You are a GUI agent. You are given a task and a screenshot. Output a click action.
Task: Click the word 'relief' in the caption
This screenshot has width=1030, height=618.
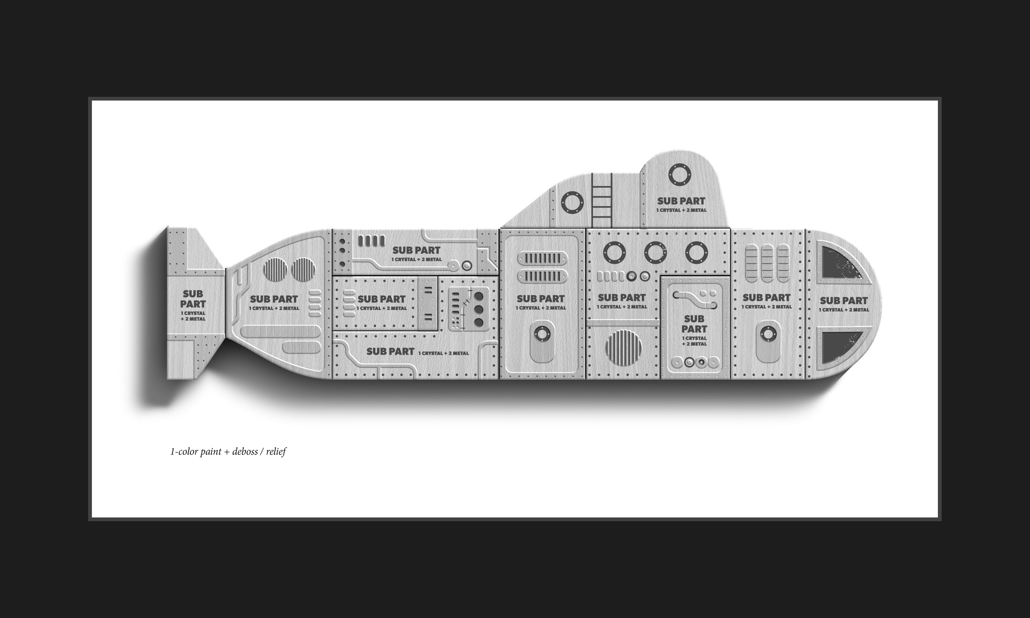point(276,452)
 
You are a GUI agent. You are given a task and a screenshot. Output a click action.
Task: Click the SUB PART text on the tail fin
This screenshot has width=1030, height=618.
point(193,299)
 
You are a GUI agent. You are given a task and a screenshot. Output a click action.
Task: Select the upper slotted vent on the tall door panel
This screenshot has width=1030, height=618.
point(542,259)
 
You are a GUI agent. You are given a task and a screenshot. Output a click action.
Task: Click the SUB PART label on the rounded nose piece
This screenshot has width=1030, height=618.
point(844,301)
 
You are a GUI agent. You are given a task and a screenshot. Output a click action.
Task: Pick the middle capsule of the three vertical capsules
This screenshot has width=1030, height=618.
point(767,264)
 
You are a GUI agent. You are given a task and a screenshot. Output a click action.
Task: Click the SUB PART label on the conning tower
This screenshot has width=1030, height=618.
point(681,201)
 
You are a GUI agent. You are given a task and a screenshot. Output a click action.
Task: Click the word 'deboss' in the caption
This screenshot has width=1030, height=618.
point(245,452)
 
